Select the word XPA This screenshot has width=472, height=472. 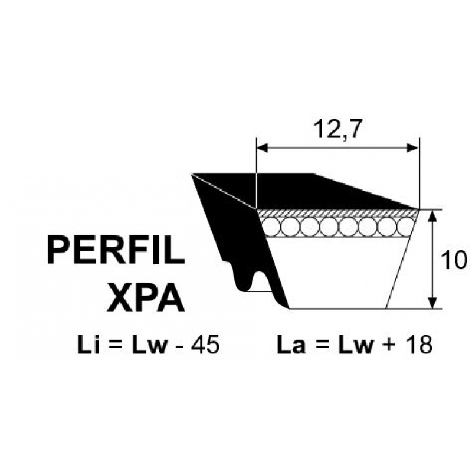click(146, 297)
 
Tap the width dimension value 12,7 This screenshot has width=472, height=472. click(336, 129)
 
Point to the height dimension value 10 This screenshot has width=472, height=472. click(454, 260)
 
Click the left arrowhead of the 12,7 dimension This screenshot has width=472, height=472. click(261, 148)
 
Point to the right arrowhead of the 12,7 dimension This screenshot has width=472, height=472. click(413, 148)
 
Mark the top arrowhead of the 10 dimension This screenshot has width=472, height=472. click(432, 215)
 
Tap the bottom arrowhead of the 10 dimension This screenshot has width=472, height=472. click(432, 303)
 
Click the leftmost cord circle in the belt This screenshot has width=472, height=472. click(271, 227)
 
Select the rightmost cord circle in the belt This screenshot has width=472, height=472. click(406, 227)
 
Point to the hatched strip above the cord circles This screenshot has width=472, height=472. click(337, 213)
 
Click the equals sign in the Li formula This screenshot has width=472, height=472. click(116, 346)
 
